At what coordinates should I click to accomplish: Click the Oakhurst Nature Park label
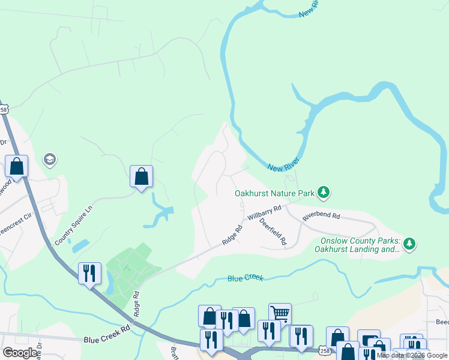coord(274,194)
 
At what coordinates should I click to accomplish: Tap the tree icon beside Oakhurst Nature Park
coord(324,192)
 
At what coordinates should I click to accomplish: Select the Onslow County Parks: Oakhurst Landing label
coord(357,244)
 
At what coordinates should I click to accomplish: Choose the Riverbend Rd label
coord(321,216)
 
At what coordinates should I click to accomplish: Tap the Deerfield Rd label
coord(273,231)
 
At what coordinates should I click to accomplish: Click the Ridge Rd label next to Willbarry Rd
coord(232,235)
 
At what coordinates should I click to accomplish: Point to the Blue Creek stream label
coord(245,278)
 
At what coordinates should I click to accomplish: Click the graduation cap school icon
coord(50,159)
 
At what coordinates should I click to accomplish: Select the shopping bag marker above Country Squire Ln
coord(141,176)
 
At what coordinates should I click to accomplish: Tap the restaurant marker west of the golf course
coord(89,273)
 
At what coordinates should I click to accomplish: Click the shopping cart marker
coord(280,313)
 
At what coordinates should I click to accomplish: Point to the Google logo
coord(20,353)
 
